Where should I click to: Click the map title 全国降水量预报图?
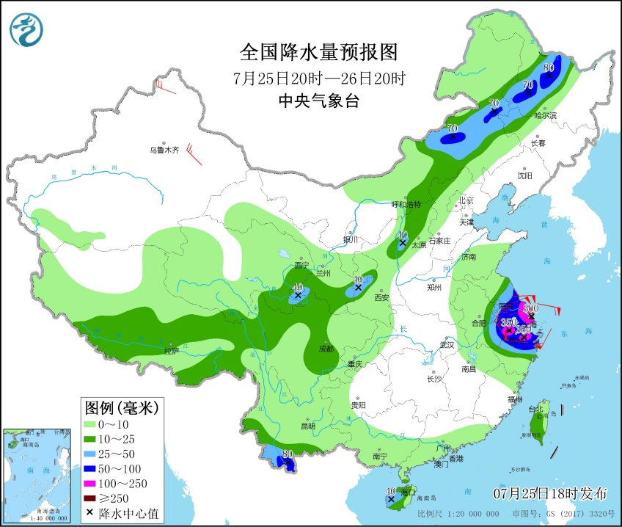pyautogui.click(x=318, y=53)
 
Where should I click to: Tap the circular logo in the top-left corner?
pyautogui.click(x=26, y=30)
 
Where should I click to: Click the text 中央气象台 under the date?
pyautogui.click(x=318, y=102)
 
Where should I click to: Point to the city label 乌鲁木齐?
pyautogui.click(x=164, y=150)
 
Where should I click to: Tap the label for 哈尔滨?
pyautogui.click(x=545, y=115)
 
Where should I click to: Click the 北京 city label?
pyautogui.click(x=466, y=200)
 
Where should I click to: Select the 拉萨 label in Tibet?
pyautogui.click(x=171, y=351)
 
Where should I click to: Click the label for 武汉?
pyautogui.click(x=447, y=345)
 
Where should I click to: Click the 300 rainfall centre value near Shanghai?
pyautogui.click(x=531, y=308)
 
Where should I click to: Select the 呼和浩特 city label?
pyautogui.click(x=406, y=205)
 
